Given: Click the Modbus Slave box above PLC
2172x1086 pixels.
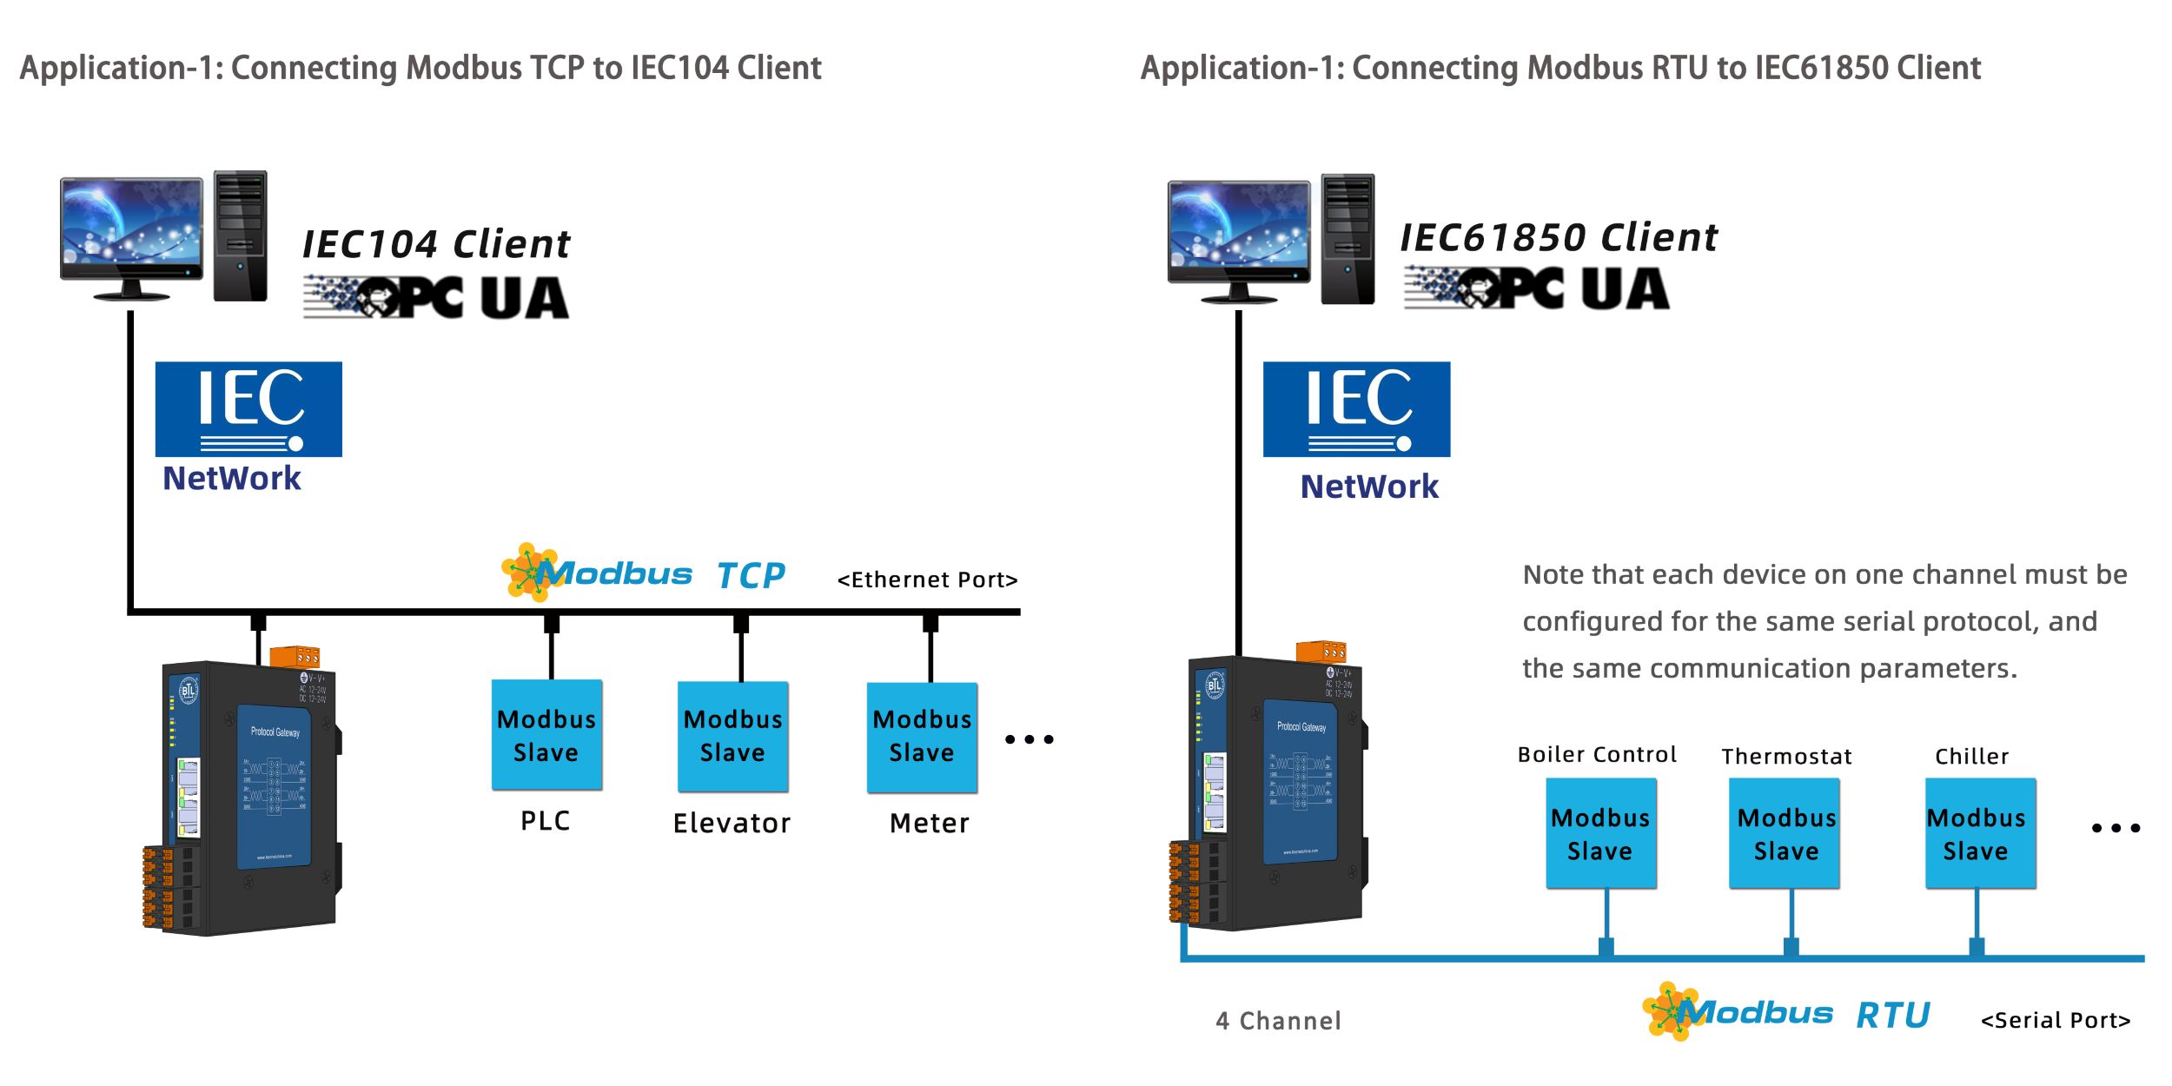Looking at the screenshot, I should (x=546, y=735).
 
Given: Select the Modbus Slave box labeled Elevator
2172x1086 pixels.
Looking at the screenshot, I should (x=732, y=736).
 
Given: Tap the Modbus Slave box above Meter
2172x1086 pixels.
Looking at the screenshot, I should (x=922, y=737).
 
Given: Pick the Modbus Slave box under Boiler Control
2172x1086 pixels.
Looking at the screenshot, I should (x=1600, y=833).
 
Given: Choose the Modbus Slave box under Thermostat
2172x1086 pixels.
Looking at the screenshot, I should (x=1785, y=833).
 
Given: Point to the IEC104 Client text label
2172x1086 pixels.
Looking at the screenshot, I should (x=436, y=244).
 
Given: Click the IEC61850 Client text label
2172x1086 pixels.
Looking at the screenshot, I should (x=1559, y=237).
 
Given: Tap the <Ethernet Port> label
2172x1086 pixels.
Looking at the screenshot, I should (x=927, y=579).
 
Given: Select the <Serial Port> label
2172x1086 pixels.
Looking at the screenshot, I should (x=2056, y=1020).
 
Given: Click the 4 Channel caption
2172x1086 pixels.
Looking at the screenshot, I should (x=1278, y=1021).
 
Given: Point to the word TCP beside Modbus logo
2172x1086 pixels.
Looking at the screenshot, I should (x=751, y=575).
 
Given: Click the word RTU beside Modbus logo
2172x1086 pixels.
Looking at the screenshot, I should (x=1892, y=1015).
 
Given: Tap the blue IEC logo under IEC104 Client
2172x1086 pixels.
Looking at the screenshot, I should (x=248, y=408).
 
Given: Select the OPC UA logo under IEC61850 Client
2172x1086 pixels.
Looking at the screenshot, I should (x=1536, y=288).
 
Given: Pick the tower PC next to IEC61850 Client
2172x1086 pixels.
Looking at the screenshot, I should (x=1348, y=239).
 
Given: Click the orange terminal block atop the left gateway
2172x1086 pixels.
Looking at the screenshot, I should (x=295, y=656).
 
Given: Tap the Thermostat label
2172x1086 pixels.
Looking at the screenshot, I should (x=1786, y=757).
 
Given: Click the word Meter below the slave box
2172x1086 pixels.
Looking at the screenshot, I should (x=929, y=823).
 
